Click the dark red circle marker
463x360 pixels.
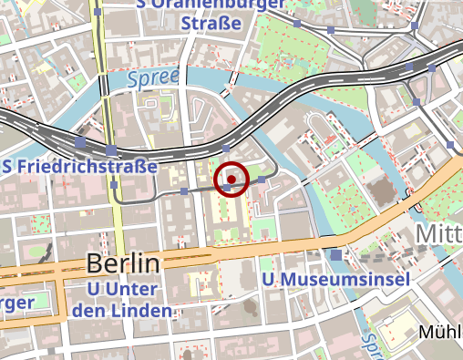point(231,180)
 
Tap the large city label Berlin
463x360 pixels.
point(123,265)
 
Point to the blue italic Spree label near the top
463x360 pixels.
point(152,79)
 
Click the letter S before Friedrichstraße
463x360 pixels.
point(8,168)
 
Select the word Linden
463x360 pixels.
point(143,312)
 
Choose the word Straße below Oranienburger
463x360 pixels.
point(215,22)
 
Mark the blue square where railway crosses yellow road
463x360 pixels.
point(111,149)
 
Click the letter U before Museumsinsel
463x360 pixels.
point(266,278)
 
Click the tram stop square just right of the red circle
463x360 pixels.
point(263,181)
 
